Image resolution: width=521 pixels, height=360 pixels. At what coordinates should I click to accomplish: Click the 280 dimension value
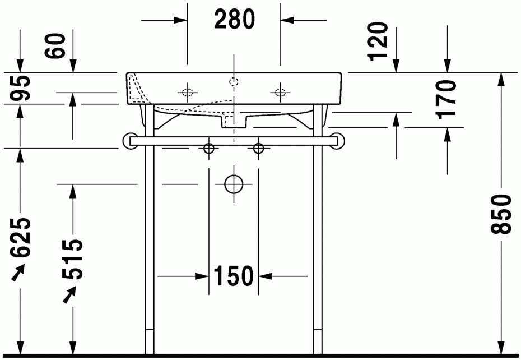[x=235, y=19]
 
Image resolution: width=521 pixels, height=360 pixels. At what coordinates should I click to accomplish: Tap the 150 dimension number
[x=233, y=276]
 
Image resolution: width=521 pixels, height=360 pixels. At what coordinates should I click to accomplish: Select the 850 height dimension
[x=501, y=214]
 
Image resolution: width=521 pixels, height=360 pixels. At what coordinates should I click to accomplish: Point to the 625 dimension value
[x=20, y=238]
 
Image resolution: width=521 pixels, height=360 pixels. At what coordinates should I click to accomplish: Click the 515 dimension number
[x=72, y=259]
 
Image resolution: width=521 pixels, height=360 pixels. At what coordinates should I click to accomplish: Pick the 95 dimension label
[x=20, y=88]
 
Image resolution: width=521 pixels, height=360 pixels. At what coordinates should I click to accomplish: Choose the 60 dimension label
[x=55, y=45]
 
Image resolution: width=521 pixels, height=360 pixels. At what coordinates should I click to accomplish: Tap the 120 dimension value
[x=379, y=41]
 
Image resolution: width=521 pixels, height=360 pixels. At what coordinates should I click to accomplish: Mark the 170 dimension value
[x=446, y=99]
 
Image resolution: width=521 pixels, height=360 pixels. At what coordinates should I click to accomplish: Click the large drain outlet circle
[x=234, y=184]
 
